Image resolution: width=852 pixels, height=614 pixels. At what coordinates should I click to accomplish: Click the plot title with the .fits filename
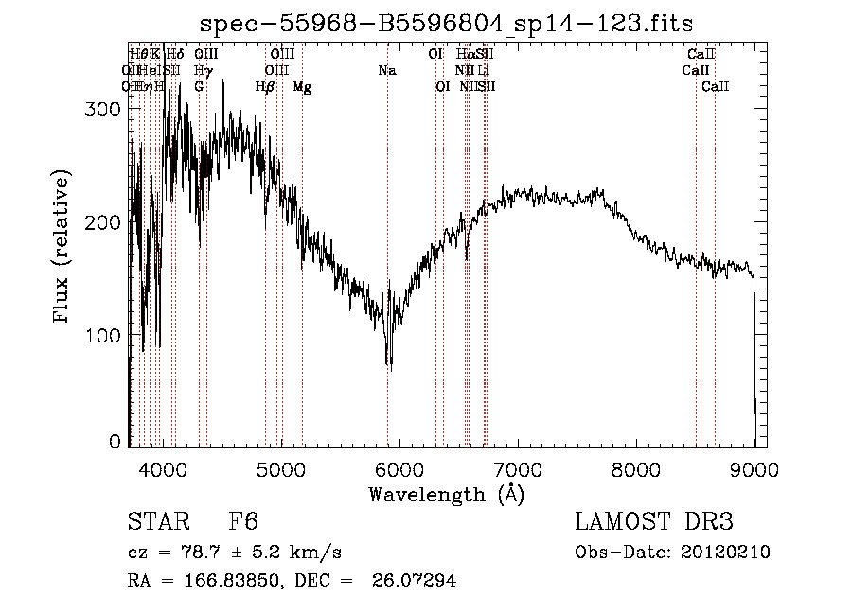[447, 24]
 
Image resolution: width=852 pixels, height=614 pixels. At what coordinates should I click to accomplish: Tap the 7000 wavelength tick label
[517, 467]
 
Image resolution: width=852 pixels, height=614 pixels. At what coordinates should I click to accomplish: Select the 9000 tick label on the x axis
[754, 467]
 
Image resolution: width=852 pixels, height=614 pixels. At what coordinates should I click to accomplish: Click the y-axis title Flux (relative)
[63, 248]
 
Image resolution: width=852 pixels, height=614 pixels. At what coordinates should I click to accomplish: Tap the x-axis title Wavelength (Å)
[447, 494]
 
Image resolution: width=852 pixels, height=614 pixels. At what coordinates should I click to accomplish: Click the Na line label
[386, 71]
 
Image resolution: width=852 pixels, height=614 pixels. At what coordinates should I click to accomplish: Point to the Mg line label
[302, 87]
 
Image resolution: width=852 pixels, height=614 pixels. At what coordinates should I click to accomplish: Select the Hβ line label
[265, 87]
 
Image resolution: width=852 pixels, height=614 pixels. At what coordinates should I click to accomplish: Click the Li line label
[483, 71]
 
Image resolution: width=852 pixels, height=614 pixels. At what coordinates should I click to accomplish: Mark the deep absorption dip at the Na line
[388, 361]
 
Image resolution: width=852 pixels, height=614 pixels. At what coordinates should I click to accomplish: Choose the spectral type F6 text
[242, 522]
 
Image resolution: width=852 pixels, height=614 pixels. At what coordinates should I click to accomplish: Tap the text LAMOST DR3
[654, 522]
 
